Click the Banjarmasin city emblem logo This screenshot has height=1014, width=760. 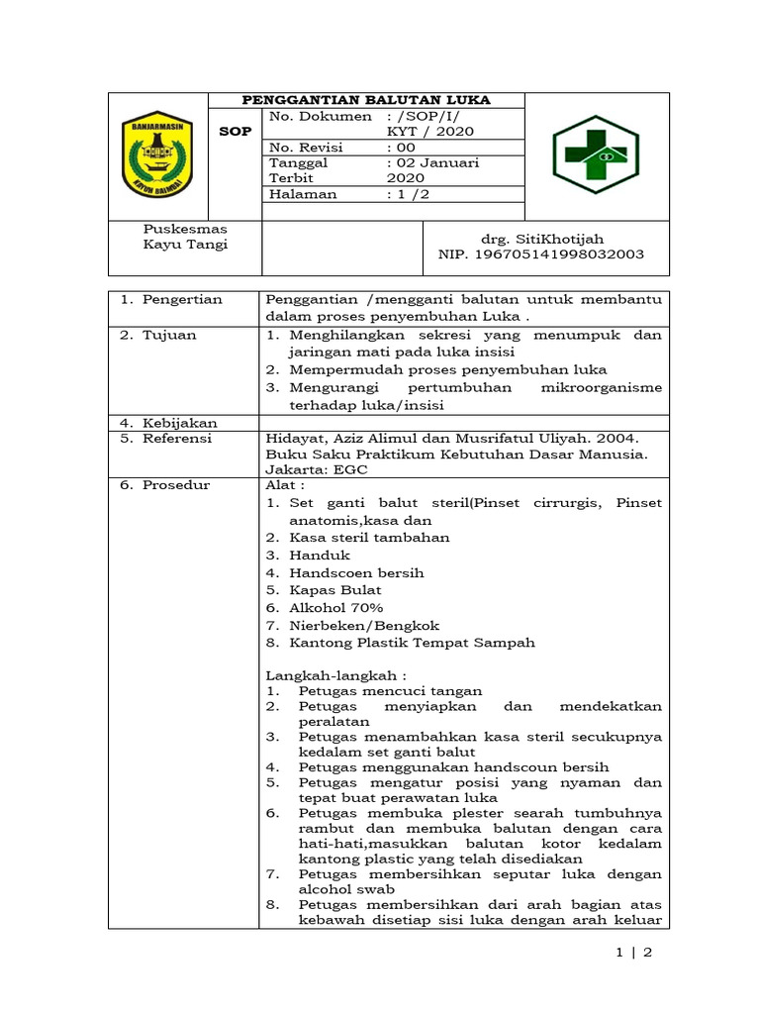[157, 153]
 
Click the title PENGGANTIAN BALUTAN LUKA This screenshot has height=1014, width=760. [367, 100]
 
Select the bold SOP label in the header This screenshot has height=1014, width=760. [235, 131]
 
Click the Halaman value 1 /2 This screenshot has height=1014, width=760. [407, 195]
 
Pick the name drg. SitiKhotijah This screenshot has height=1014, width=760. [541, 239]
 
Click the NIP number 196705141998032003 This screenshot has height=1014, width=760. [541, 254]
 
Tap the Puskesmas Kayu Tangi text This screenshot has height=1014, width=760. [185, 237]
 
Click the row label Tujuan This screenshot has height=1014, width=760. [169, 335]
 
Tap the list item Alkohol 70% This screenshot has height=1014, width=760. [336, 607]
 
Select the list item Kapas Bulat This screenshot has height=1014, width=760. [335, 590]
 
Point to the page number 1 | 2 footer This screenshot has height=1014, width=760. [633, 954]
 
